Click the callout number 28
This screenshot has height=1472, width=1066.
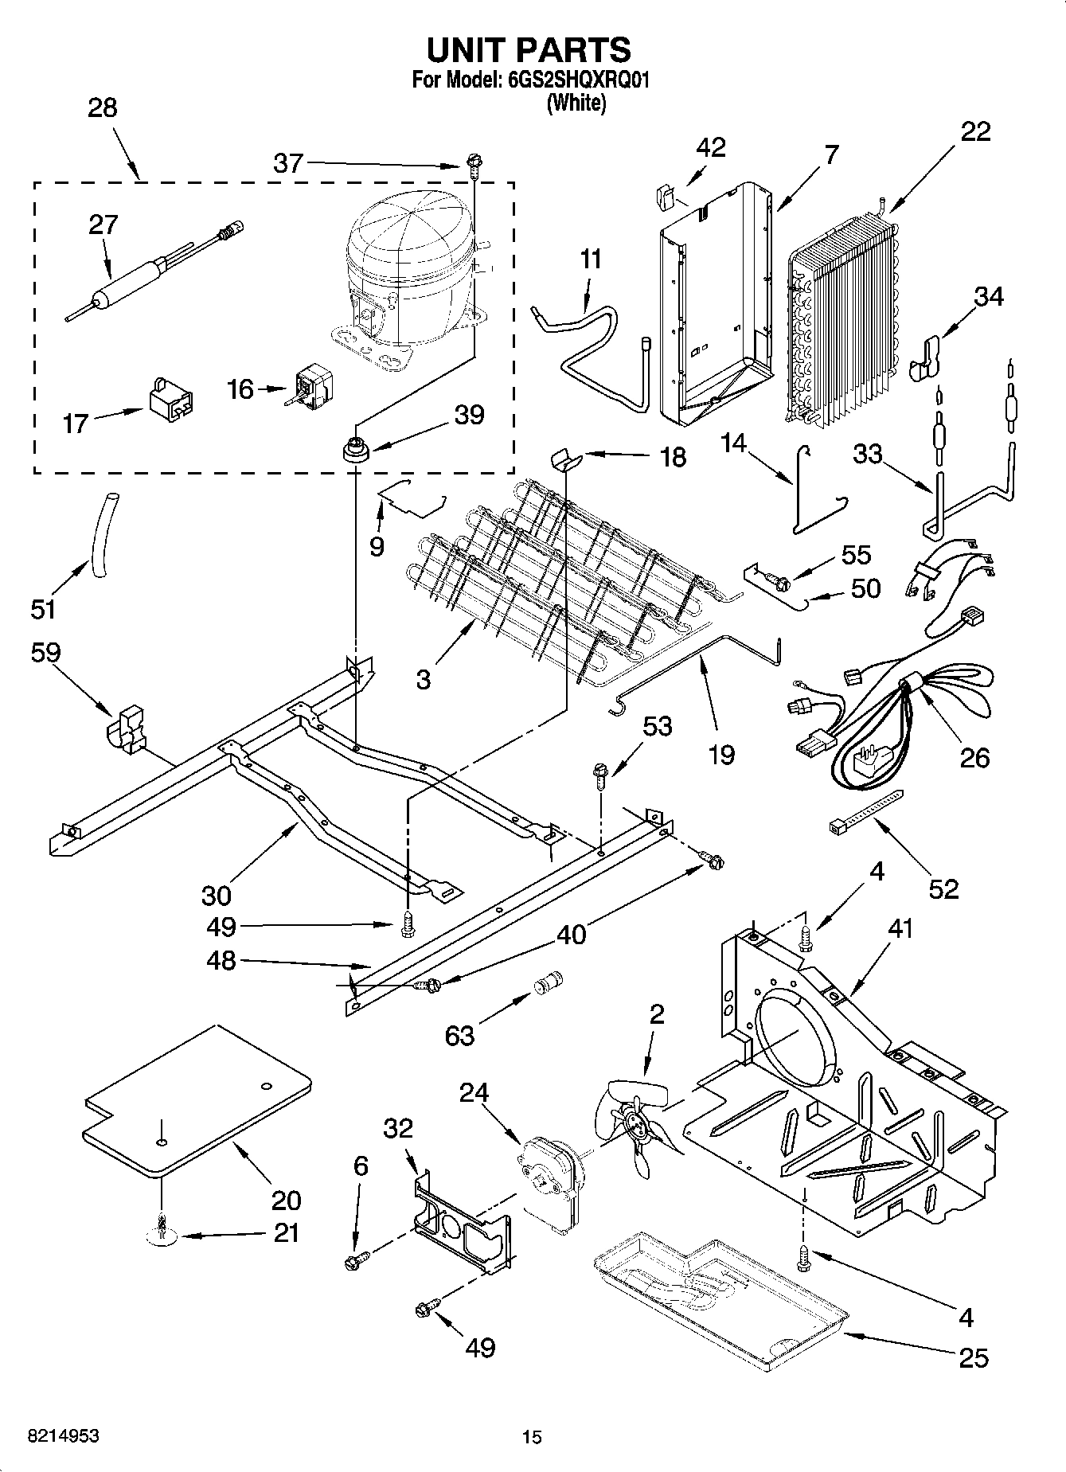pyautogui.click(x=103, y=108)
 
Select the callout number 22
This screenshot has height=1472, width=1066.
pyautogui.click(x=975, y=131)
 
